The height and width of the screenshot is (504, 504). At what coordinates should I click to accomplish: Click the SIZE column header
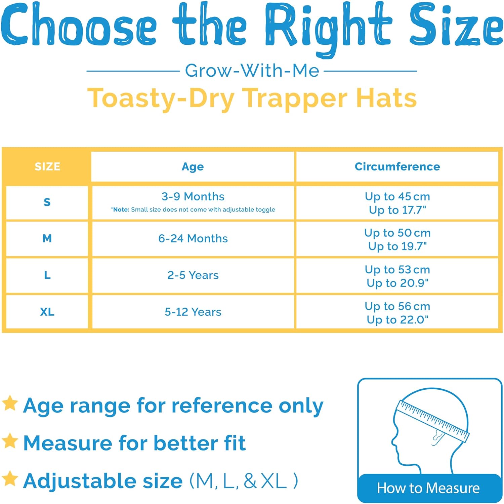[x=47, y=166]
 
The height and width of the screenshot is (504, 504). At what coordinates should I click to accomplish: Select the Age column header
[x=193, y=167]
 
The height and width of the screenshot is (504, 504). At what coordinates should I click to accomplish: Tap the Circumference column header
[x=397, y=166]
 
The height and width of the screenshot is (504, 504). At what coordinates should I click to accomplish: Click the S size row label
[x=47, y=202]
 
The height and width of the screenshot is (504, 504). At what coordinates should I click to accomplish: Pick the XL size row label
[x=47, y=312]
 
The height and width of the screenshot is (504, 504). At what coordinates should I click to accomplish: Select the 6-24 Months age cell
[x=193, y=238]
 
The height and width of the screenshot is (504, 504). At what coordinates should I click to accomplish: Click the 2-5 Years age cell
[x=193, y=275]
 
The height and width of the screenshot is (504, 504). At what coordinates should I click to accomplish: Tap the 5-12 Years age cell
[x=193, y=312]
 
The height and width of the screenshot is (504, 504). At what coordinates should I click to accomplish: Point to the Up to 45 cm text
[x=397, y=196]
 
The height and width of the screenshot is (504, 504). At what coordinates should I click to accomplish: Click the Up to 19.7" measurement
[x=397, y=246]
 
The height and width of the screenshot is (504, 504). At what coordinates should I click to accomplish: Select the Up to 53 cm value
[x=397, y=269]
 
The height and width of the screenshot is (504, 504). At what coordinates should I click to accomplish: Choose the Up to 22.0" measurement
[x=397, y=319]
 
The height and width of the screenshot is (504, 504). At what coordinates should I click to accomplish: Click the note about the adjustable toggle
[x=193, y=209]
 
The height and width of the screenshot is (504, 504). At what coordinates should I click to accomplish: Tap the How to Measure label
[x=428, y=488]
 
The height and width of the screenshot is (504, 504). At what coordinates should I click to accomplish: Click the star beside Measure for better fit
[x=10, y=441]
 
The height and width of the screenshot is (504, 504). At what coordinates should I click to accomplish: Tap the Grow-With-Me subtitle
[x=252, y=71]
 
